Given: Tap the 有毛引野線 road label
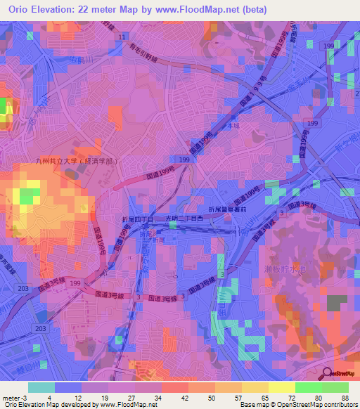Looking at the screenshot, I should click(x=150, y=53).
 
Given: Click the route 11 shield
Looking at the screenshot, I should click(x=123, y=36).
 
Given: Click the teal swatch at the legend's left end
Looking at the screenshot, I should click(x=41, y=387).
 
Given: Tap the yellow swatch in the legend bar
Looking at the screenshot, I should click(x=282, y=387).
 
